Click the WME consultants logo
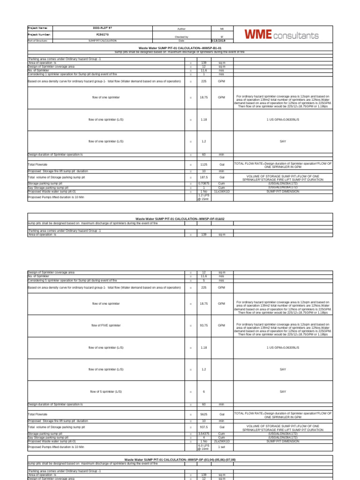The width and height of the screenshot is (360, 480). click(x=281, y=35)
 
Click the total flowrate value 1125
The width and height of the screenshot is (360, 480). click(x=204, y=165)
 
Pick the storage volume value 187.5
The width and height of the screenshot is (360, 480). click(x=204, y=178)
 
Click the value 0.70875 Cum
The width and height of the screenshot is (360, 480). click(x=204, y=183)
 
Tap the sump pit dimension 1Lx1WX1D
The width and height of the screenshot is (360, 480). click(x=222, y=191)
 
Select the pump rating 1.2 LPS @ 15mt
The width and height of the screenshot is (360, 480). click(x=204, y=197)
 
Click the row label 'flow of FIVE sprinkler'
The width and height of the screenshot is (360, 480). click(x=105, y=325)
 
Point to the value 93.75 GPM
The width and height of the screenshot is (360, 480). click(x=204, y=325)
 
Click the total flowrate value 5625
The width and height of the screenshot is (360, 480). click(x=204, y=414)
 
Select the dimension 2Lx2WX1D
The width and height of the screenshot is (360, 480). click(x=222, y=441)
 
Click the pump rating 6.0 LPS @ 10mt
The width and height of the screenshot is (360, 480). click(x=204, y=447)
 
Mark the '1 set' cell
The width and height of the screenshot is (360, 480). click(x=222, y=447)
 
